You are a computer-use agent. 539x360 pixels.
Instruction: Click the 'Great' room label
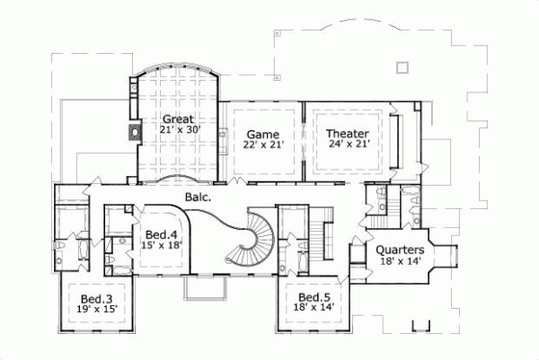(178, 119)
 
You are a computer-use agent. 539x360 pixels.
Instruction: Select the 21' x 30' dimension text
(180, 130)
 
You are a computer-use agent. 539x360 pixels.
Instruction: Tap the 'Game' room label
(261, 134)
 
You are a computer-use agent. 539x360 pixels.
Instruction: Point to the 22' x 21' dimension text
(261, 145)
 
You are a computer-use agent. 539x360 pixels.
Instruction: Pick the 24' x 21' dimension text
(347, 144)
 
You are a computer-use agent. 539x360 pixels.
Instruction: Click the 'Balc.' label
(198, 196)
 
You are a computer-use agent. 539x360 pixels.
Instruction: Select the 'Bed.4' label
(162, 235)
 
